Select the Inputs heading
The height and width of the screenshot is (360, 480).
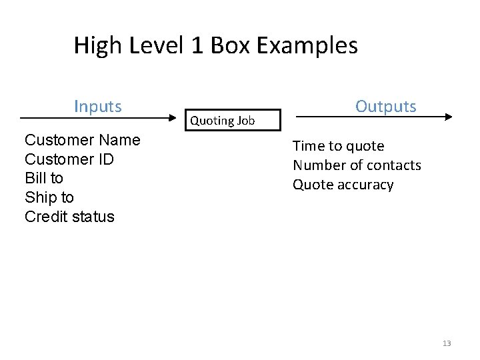point(98,107)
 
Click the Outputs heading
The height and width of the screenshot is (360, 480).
point(386,107)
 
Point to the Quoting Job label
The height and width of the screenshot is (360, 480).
point(222,121)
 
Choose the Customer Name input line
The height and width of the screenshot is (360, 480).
point(82,140)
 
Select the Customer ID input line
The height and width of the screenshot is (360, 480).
point(69,159)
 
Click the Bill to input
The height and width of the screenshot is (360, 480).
point(43,179)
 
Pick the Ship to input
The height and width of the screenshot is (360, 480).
point(49,197)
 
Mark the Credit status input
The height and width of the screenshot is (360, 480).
point(69,217)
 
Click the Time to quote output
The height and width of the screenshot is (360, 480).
point(339,146)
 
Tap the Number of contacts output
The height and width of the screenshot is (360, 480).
point(357,165)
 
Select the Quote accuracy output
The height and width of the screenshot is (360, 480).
point(343,185)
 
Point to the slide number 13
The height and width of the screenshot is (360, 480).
point(446,343)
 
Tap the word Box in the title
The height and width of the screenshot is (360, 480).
point(225,46)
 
